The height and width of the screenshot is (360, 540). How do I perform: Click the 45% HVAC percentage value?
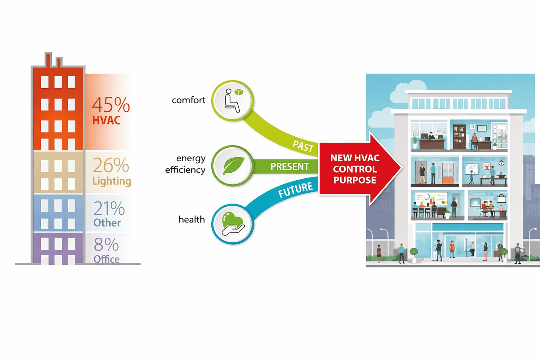111,105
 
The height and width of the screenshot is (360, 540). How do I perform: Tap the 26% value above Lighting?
111,165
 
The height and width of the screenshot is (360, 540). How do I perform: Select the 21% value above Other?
109,208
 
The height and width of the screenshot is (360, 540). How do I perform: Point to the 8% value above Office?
106,245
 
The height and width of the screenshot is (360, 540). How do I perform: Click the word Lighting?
111,181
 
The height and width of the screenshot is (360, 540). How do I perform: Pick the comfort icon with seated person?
232,101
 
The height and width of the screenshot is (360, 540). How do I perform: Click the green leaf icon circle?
232,166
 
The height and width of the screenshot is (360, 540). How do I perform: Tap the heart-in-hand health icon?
232,224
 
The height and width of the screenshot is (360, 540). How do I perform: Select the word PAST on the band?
303,146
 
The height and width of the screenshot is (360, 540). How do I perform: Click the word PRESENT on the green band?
290,167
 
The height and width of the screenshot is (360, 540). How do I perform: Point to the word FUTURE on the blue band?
295,190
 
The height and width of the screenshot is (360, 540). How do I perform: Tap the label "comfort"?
188,100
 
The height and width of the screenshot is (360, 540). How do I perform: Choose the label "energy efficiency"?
186,164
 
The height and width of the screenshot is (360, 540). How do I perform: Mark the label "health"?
192,220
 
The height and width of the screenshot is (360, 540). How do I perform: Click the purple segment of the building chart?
58,248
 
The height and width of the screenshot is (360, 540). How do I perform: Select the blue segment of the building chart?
58,213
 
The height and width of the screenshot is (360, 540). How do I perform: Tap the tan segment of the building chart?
58,172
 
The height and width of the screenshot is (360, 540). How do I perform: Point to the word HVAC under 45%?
107,120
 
